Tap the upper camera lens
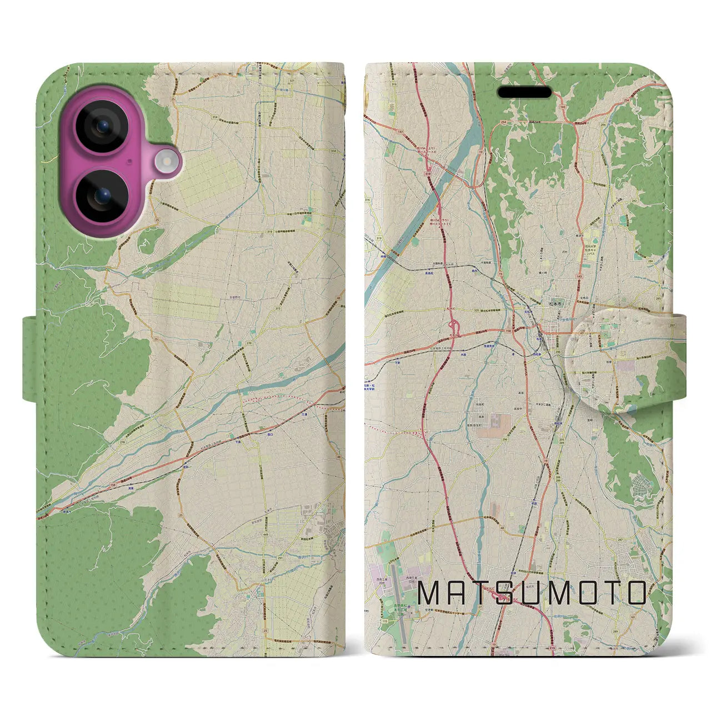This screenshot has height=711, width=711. pos(102,126)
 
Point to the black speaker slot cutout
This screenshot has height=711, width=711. pos(524,92)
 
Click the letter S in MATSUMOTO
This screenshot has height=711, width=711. pos(503,593)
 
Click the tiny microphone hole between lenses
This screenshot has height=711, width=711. pos(129,162)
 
